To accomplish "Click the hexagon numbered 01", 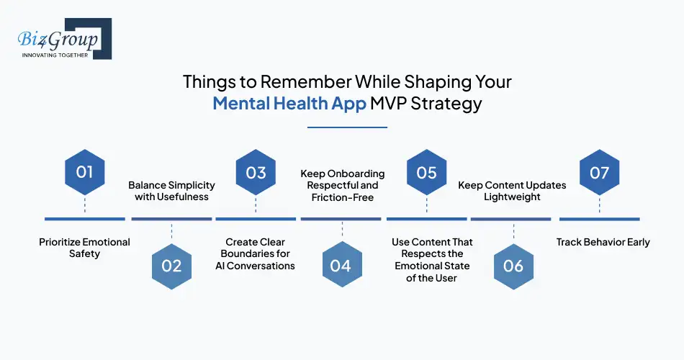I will [x=85, y=173].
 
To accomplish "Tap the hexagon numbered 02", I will [x=171, y=266].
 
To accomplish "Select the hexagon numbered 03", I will [x=256, y=173].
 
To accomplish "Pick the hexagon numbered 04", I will [x=341, y=266].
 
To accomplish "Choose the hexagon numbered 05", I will [x=426, y=173].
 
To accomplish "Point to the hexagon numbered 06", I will [x=513, y=266].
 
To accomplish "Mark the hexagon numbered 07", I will [x=599, y=173].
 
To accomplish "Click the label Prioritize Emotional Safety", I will [x=85, y=248].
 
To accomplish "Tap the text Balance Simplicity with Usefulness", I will [x=171, y=191].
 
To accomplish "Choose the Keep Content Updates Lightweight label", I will [x=512, y=191].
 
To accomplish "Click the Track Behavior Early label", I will [x=603, y=242].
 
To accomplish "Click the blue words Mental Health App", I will [x=289, y=103].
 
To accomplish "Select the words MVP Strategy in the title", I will [x=426, y=103].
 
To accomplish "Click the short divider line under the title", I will [x=347, y=127].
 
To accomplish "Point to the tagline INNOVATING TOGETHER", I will [x=55, y=55].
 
